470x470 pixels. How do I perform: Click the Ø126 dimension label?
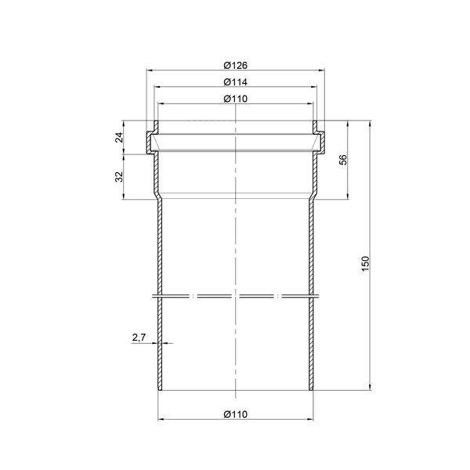(x=235, y=65)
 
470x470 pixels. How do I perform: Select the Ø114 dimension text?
(x=235, y=81)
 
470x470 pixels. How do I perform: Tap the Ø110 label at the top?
(x=235, y=99)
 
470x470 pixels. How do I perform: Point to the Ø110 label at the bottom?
(x=235, y=414)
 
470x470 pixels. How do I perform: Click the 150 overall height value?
(x=366, y=264)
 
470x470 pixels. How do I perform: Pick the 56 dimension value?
(x=344, y=160)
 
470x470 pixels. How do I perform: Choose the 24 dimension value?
(x=119, y=137)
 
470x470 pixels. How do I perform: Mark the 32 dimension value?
(x=119, y=176)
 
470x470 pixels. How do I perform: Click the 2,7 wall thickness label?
(x=139, y=338)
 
